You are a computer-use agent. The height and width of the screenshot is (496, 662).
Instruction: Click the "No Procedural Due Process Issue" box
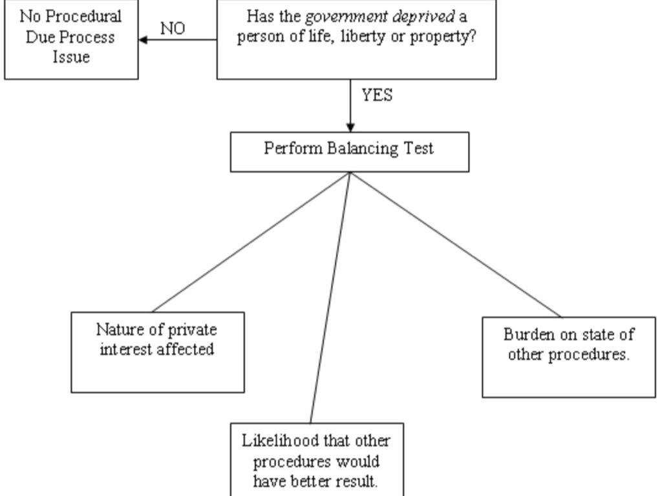tap(71, 39)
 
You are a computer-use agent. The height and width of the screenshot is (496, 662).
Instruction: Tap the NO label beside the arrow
tap(172, 29)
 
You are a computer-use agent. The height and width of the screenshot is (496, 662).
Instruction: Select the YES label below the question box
tap(377, 96)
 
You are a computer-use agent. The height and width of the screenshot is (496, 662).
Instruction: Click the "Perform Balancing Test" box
tap(349, 152)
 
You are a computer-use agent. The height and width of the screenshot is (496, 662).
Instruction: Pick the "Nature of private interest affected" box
tap(157, 352)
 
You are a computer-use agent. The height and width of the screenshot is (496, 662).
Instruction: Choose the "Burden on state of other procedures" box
tap(568, 356)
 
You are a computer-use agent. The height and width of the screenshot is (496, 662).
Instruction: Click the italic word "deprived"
tap(418, 15)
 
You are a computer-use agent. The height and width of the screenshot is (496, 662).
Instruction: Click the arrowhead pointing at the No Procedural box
tap(143, 39)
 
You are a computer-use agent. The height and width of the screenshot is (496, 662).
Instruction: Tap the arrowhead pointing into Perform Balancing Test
tap(350, 127)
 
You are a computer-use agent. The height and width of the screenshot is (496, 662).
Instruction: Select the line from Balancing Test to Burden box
tap(456, 245)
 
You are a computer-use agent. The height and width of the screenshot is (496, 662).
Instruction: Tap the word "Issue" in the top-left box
tap(71, 57)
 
